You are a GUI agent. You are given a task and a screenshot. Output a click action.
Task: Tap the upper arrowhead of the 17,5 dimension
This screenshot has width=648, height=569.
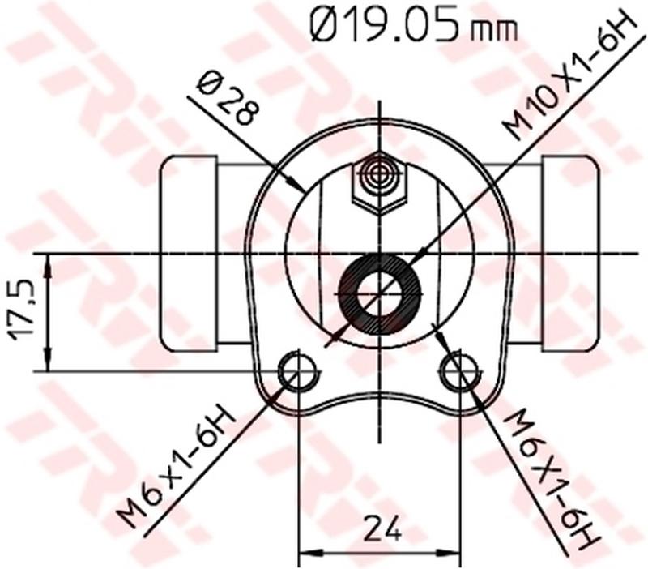pos(49,263)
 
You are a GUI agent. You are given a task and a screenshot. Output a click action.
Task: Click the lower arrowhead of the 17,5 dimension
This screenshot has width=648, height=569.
pos(49,364)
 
